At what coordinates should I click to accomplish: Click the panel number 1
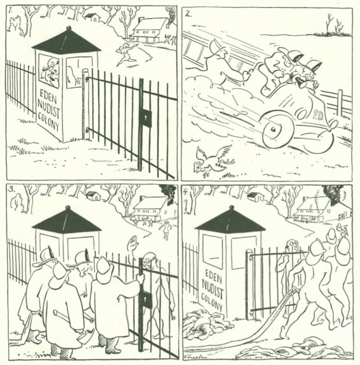10,11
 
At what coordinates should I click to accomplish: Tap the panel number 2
188,14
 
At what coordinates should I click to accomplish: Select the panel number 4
186,192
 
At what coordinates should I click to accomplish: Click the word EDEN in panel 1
48,97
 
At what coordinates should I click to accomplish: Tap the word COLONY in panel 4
212,302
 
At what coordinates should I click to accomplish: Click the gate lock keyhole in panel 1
146,118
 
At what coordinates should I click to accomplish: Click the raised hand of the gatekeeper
133,244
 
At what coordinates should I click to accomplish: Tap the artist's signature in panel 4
193,357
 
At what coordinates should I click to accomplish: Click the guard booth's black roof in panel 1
67,42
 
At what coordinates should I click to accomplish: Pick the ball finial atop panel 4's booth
231,207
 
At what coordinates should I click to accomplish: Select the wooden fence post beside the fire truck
340,102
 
